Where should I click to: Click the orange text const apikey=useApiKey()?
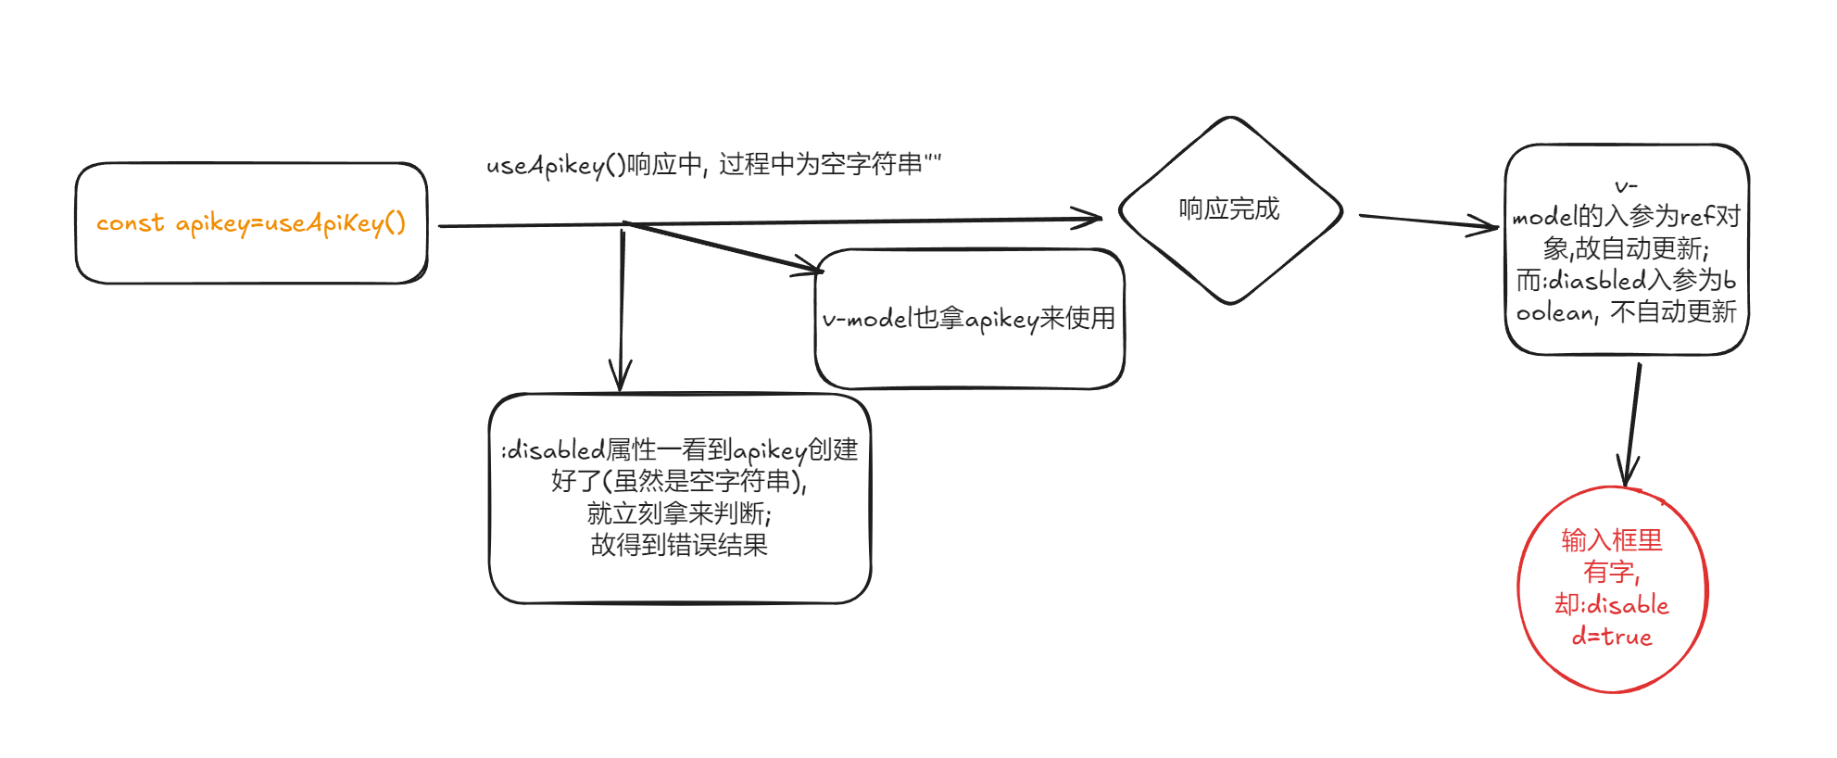tap(251, 223)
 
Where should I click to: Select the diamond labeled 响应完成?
tap(1229, 209)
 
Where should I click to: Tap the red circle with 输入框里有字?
tap(1612, 589)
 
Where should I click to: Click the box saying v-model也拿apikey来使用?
tap(969, 319)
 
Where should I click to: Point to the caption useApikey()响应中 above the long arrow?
tap(713, 165)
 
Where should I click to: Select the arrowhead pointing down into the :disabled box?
tap(620, 376)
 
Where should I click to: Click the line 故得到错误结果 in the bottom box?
tap(679, 545)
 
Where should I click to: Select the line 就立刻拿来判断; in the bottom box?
tap(679, 512)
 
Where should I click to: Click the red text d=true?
tap(1612, 638)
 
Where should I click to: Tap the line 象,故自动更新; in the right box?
tap(1626, 248)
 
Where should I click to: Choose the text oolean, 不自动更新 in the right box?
tap(1626, 312)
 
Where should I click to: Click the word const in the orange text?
tap(130, 223)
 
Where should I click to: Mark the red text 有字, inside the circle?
tap(1612, 573)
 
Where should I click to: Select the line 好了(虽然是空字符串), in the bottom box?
tap(679, 481)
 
